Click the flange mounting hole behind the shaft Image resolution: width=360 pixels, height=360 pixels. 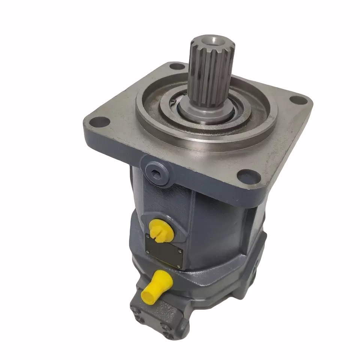point(177,66)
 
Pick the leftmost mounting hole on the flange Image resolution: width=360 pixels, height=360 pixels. point(100,122)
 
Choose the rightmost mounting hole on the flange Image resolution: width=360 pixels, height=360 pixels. point(298,100)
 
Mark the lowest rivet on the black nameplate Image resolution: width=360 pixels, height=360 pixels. point(180,266)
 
